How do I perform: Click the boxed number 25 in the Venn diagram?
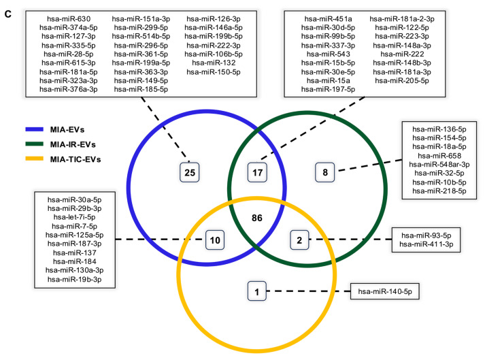pyautogui.click(x=190, y=172)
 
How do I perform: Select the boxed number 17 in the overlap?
pyautogui.click(x=257, y=172)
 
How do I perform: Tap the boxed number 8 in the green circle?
pyautogui.click(x=324, y=172)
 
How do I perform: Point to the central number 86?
pyautogui.click(x=257, y=218)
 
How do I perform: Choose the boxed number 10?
pyautogui.click(x=215, y=240)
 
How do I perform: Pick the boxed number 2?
pyautogui.click(x=299, y=240)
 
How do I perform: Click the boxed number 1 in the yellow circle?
pyautogui.click(x=256, y=291)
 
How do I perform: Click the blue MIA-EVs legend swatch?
pyautogui.click(x=34, y=129)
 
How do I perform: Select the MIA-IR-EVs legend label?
pyautogui.click(x=73, y=144)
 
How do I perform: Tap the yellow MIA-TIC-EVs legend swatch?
pyautogui.click(x=34, y=159)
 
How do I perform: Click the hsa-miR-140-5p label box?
pyautogui.click(x=385, y=291)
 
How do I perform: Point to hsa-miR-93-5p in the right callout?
pyautogui.click(x=427, y=235)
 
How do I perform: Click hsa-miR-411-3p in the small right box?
pyautogui.click(x=427, y=244)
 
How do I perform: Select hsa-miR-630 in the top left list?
pyautogui.click(x=69, y=19)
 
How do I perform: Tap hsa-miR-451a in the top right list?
pyautogui.click(x=328, y=19)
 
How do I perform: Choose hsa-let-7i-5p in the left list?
pyautogui.click(x=75, y=217)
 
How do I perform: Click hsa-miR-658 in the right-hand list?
pyautogui.click(x=439, y=156)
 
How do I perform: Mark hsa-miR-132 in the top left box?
pyautogui.click(x=214, y=63)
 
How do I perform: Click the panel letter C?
pyautogui.click(x=8, y=14)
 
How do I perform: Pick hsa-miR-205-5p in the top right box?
pyautogui.click(x=402, y=81)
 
